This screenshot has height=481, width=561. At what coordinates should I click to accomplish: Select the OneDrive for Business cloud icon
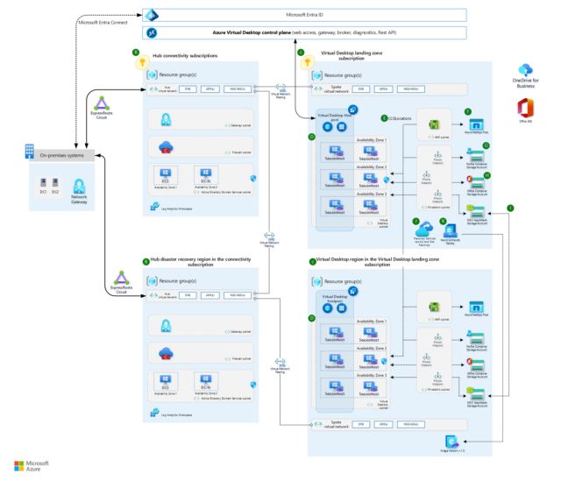pos(525,70)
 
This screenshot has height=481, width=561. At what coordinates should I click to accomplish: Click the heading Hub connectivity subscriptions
pos(185,55)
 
